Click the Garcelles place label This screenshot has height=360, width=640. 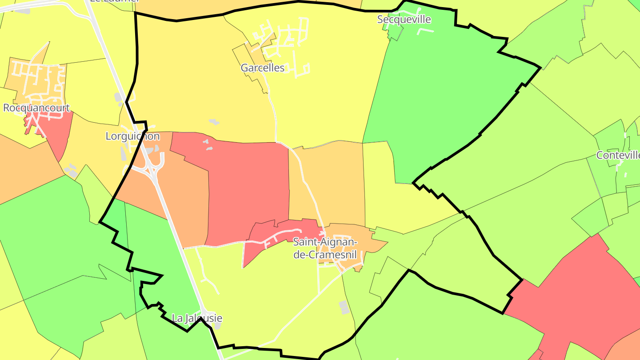point(262,68)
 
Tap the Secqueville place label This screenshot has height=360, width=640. point(404,20)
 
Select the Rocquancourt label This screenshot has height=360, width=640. point(36,108)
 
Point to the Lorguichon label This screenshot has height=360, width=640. point(132,136)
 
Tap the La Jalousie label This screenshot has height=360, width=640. point(197,319)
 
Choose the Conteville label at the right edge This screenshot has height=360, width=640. point(618,156)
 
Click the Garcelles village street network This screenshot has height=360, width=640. point(284,44)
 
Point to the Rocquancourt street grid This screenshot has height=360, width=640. point(38,82)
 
